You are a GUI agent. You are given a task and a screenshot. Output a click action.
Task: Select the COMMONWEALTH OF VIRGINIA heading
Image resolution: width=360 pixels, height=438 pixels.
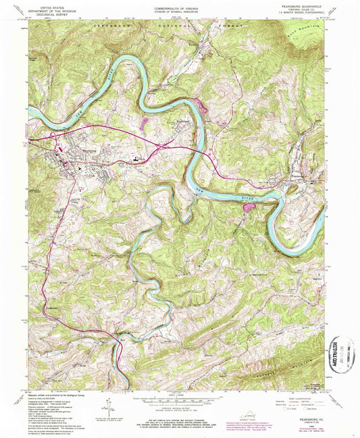[x=179, y=5]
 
